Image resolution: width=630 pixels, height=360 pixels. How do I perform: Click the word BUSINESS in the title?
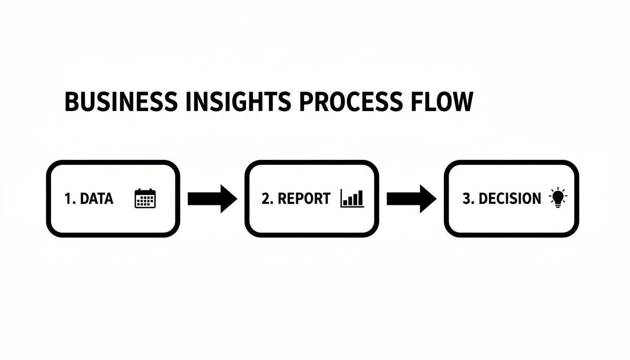coord(121,102)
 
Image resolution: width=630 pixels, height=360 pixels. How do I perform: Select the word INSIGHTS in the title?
coord(238,102)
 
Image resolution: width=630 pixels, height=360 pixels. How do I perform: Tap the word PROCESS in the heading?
coord(350,102)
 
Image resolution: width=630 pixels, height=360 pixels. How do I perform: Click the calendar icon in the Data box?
coord(145,198)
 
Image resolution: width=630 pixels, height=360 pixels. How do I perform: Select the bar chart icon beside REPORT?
coord(352,198)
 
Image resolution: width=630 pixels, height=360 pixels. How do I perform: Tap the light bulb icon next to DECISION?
coord(557,198)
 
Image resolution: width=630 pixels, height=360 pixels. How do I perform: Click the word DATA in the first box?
coord(97,199)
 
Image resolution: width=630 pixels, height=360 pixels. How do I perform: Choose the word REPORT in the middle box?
coord(304,199)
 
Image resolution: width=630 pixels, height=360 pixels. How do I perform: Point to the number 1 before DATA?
coord(67,199)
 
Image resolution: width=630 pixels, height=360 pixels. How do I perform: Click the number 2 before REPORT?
coord(265,199)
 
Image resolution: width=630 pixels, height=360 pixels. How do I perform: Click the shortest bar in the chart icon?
coord(345,202)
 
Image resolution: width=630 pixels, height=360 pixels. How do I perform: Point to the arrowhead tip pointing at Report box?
coord(236,199)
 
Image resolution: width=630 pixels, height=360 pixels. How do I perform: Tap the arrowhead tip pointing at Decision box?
coord(435,199)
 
